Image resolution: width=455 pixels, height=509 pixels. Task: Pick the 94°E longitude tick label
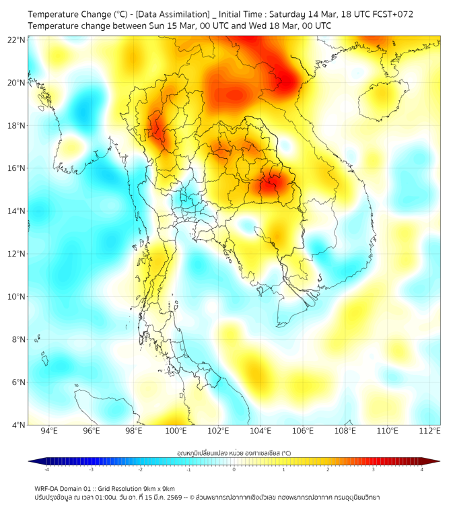(x=49, y=430)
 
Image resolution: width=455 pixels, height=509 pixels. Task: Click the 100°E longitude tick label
(x=176, y=430)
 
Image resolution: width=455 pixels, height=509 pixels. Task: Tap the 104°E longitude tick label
(x=260, y=430)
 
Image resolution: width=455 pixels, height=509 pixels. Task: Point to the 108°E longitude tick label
(x=345, y=430)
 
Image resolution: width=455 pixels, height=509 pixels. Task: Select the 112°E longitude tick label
(x=430, y=430)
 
